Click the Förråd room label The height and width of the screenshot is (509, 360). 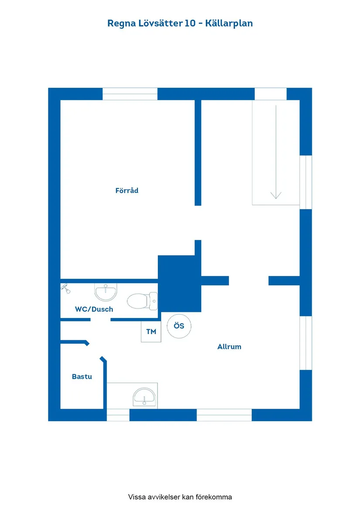pos(127,191)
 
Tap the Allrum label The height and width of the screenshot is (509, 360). pos(230,347)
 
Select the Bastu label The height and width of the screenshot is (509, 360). pos(82,376)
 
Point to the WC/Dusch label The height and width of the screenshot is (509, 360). pos(94,309)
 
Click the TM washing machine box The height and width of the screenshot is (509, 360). pos(151,331)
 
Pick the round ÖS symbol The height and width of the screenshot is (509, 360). pos(179,326)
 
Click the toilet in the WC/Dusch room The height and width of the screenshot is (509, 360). pos(142,301)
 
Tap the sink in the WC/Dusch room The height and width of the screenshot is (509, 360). pos(106,292)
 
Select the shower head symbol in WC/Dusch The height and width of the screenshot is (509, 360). pos(66,288)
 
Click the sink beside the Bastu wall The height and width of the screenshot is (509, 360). pos(144,396)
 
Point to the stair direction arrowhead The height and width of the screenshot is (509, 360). pos(276,195)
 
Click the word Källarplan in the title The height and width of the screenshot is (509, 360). pos(229,24)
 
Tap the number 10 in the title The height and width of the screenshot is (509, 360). pos(190,24)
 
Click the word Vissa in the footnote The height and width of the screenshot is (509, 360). pos(137,497)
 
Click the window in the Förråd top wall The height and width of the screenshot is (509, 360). pos(130,94)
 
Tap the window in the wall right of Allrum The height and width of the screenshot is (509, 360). pos(306,343)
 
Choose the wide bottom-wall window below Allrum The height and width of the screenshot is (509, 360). pos(224,415)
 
